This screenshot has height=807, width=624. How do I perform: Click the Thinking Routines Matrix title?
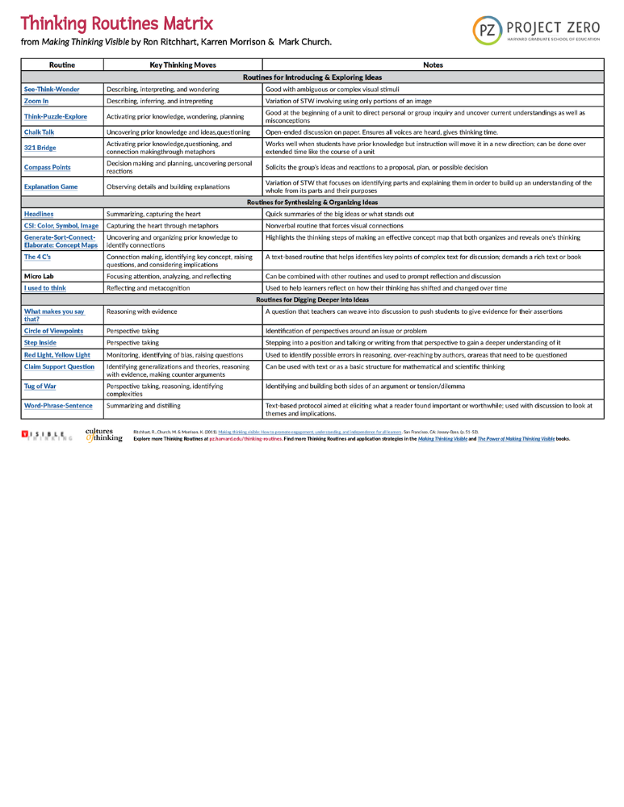[x=117, y=23]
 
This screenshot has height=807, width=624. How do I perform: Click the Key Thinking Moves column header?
[x=183, y=65]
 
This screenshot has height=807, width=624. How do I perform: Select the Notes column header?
[x=433, y=65]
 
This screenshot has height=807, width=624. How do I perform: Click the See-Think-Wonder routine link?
[x=52, y=89]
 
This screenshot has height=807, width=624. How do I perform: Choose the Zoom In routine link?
[x=36, y=101]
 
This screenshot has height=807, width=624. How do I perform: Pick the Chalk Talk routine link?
[x=40, y=132]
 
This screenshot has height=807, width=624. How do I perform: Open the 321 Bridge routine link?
[x=40, y=148]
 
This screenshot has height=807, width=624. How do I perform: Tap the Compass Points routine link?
[x=47, y=167]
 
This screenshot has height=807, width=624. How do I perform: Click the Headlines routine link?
[x=39, y=214]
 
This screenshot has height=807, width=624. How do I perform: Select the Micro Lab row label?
[x=39, y=276]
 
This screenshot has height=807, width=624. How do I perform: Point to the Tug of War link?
[x=40, y=386]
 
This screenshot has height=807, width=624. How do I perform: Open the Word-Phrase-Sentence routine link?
[x=58, y=405]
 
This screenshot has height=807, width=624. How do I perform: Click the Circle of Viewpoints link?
[x=53, y=331]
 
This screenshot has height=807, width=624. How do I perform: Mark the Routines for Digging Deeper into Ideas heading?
[x=311, y=299]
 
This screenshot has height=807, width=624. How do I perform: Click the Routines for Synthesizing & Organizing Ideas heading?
[x=311, y=202]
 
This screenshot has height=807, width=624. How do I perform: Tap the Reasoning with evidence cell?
[x=141, y=311]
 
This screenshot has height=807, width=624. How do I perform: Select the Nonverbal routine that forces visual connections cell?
[x=334, y=226]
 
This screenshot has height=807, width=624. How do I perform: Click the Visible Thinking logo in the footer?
[x=48, y=436]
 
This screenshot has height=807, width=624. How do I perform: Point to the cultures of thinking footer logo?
[x=104, y=435]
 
